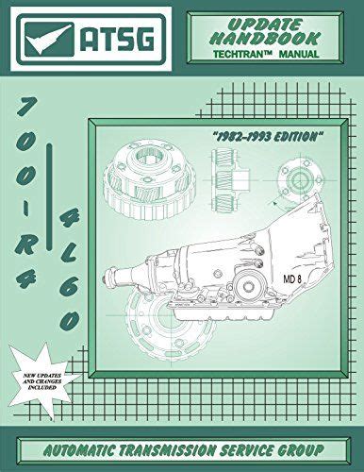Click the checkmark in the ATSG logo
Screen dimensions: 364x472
[x=47, y=41]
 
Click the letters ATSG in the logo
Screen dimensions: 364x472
[x=117, y=40]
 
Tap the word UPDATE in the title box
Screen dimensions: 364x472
[x=266, y=25]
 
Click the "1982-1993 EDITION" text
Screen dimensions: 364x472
[x=268, y=137]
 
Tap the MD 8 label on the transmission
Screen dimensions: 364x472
[x=292, y=278]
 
